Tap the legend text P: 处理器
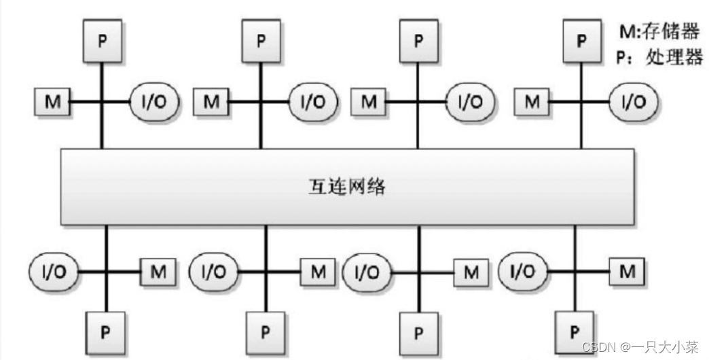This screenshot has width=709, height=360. pos(659,57)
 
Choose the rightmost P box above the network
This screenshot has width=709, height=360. pos(580,39)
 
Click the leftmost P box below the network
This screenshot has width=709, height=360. pos(105,331)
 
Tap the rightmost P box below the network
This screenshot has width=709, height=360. pos(575,331)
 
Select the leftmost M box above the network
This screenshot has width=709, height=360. pos(52,102)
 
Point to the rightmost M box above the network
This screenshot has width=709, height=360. pos(533,102)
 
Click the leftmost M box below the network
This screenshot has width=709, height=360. pos(158,272)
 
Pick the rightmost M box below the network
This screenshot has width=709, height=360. pos(628,272)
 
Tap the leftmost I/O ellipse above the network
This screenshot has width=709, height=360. pos(155,102)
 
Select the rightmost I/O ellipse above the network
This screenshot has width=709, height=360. pos(634,102)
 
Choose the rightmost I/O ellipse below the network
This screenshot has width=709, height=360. pos(522,272)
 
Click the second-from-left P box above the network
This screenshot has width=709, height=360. pos(261,39)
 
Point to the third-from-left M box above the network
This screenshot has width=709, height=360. pos(369,102)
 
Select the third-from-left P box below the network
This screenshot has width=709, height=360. pos(418,331)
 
